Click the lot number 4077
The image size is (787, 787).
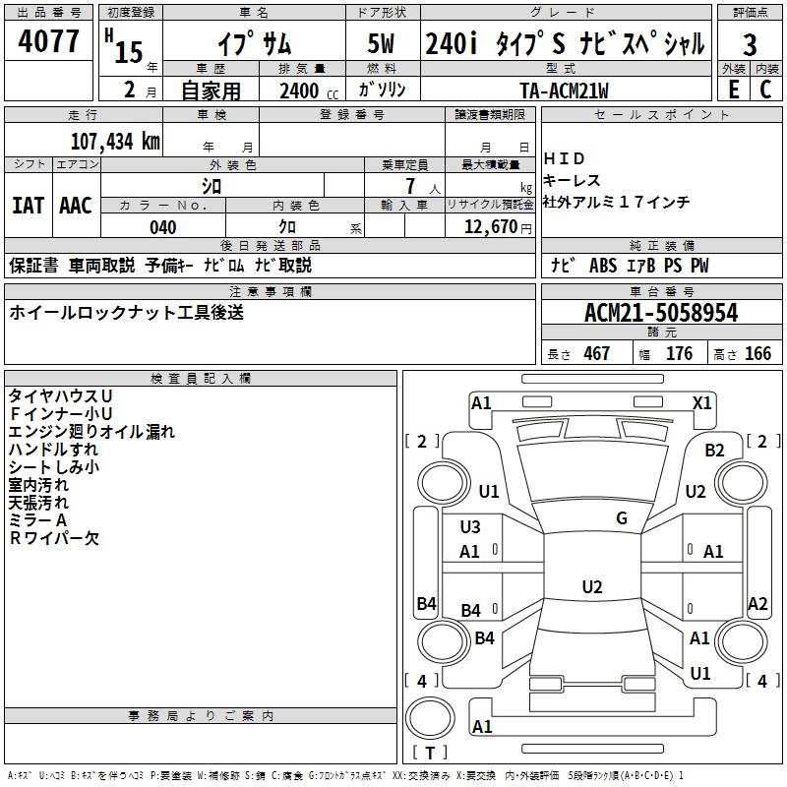[x=48, y=40]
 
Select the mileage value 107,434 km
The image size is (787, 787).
[x=115, y=142]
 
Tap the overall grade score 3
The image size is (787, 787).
[x=750, y=45]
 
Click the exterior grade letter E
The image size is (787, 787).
[x=734, y=90]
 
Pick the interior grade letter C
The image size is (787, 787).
[x=765, y=90]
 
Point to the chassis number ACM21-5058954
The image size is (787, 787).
[x=661, y=313]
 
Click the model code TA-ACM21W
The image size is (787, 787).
[x=564, y=91]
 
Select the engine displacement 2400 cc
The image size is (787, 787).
[x=309, y=91]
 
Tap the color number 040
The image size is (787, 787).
[x=163, y=227]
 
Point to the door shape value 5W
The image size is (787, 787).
[x=381, y=43]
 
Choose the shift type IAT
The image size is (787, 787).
[x=28, y=206]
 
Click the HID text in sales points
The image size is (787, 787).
[x=564, y=158]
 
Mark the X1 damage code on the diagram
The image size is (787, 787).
[x=702, y=403]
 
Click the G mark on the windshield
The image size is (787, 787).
[x=622, y=518]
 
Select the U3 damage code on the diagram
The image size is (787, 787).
[x=470, y=527]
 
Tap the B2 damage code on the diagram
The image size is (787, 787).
[x=714, y=451]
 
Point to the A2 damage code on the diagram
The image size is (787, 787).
[x=757, y=604]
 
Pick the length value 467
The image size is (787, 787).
[x=597, y=353]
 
